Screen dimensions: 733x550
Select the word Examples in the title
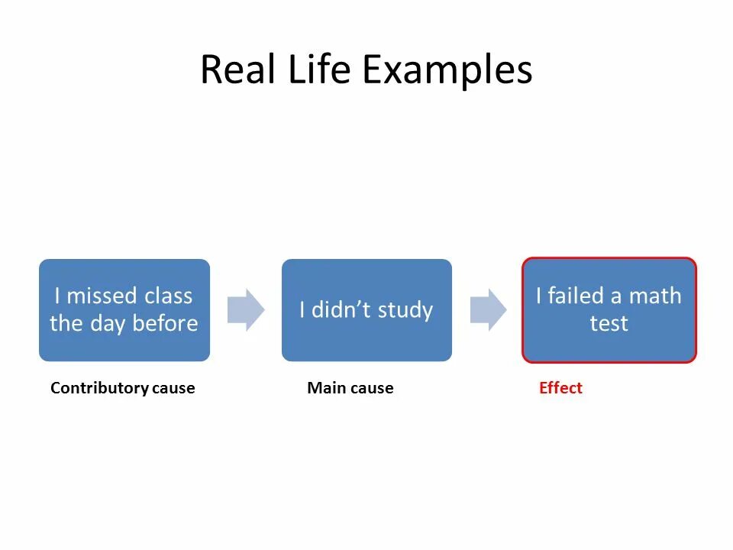click(x=447, y=70)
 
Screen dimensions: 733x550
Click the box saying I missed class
click(x=124, y=309)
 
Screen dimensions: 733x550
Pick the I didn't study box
click(x=366, y=309)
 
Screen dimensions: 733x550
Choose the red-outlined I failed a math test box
click(x=609, y=309)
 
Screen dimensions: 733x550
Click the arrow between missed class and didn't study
click(x=246, y=309)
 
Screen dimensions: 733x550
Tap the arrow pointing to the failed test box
click(x=488, y=309)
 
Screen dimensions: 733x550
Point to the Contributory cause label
click(x=122, y=388)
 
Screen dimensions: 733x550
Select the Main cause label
click(x=350, y=388)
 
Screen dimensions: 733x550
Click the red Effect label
click(x=560, y=388)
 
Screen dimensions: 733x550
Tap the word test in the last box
click(x=609, y=323)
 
